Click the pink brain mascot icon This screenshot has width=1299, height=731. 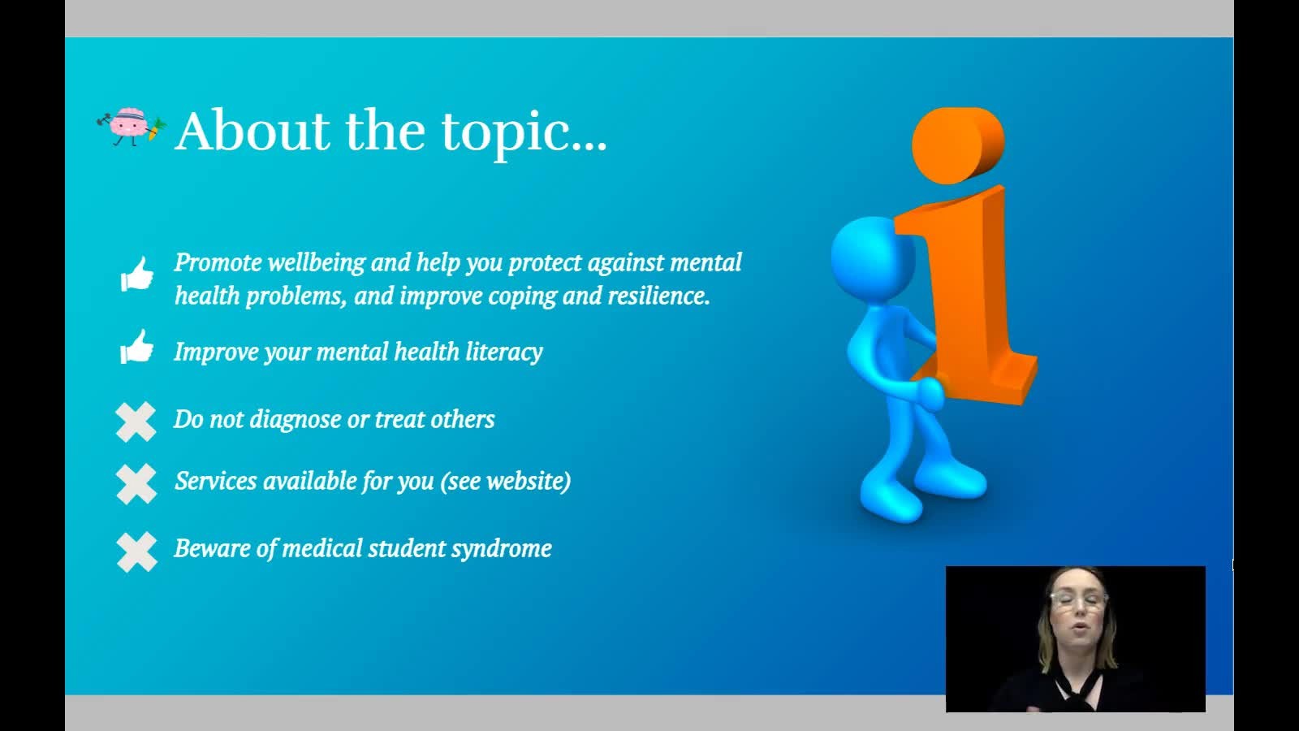132,127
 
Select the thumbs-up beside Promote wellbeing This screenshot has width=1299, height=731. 137,274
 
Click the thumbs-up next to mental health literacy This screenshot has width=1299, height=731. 137,346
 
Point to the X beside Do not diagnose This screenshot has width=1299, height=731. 136,422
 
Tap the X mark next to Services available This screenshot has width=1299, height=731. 136,484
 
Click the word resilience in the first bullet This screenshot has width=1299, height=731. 658,296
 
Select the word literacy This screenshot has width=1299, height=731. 504,353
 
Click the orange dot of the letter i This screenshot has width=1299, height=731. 958,145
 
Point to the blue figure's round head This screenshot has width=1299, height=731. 873,258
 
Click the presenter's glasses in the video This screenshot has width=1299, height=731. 1078,599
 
